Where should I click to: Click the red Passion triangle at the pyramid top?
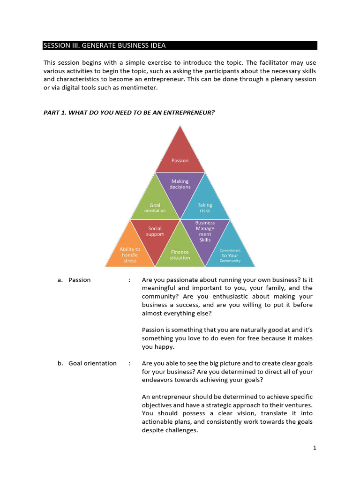point(180,157)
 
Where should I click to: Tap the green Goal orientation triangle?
point(155,204)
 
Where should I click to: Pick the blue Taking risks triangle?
point(205,204)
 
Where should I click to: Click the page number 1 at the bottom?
point(315,448)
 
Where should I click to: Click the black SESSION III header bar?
point(180,45)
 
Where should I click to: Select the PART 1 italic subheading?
point(129,112)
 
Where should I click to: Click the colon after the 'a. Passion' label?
point(129,280)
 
